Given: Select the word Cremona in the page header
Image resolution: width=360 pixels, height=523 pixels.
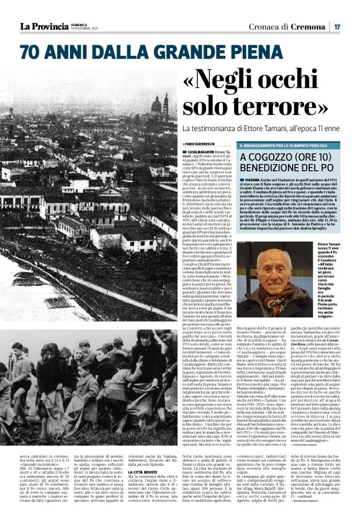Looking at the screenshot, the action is (310, 27).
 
